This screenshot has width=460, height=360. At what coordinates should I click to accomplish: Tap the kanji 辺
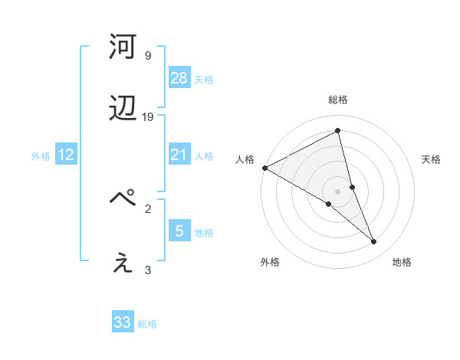(x=123, y=110)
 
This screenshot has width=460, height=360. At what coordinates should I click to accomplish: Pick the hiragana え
(x=123, y=263)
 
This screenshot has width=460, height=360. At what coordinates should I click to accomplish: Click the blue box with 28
(x=179, y=77)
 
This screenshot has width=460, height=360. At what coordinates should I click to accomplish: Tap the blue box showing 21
(x=179, y=155)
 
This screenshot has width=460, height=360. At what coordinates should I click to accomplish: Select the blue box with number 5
(x=179, y=231)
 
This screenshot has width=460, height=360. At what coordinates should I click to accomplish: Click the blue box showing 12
(x=66, y=155)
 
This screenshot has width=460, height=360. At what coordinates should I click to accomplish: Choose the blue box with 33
(x=123, y=322)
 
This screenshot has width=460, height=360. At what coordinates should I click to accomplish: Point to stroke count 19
(x=148, y=117)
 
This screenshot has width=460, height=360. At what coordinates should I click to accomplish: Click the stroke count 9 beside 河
(x=147, y=55)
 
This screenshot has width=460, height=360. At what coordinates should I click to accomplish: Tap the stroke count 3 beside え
(x=148, y=270)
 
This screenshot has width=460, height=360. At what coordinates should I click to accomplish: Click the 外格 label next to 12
(x=41, y=155)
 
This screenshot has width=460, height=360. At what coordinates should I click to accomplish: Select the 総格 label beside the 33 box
(x=147, y=324)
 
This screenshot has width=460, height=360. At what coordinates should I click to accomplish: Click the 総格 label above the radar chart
(x=338, y=100)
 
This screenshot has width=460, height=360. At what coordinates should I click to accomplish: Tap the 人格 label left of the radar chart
(x=245, y=159)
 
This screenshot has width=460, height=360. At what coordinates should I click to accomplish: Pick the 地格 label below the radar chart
(x=402, y=262)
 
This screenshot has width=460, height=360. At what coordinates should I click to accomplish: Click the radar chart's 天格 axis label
(x=432, y=159)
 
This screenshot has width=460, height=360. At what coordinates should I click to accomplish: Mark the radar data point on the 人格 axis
(x=264, y=168)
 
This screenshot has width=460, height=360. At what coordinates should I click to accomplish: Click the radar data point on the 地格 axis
(x=374, y=242)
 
